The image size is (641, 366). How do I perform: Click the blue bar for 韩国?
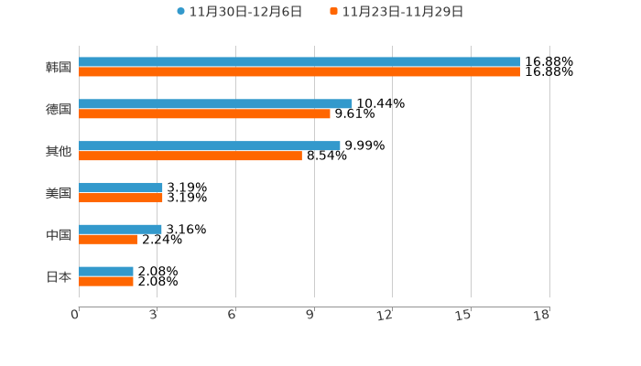click(299, 62)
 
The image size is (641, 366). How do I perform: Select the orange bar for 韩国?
click(299, 72)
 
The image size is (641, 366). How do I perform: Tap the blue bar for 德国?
click(215, 104)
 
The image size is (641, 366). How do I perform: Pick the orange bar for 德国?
click(204, 114)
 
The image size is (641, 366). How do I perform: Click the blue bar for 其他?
click(210, 145)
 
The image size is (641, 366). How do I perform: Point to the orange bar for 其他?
click(190, 156)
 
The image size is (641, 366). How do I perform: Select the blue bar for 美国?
click(121, 188)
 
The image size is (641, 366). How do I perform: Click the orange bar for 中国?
click(108, 240)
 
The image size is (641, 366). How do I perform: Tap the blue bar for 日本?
click(106, 272)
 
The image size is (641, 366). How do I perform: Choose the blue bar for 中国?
click(120, 230)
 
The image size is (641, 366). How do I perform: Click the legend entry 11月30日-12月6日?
click(239, 12)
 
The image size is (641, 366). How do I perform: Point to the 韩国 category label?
click(59, 68)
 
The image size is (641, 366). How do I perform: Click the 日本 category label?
click(59, 276)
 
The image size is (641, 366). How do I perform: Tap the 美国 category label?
click(59, 193)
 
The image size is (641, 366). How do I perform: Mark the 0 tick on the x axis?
click(76, 315)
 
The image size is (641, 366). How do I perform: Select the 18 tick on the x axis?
click(542, 315)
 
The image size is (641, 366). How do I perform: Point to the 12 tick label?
click(386, 315)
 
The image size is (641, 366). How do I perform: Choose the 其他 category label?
click(59, 151)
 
